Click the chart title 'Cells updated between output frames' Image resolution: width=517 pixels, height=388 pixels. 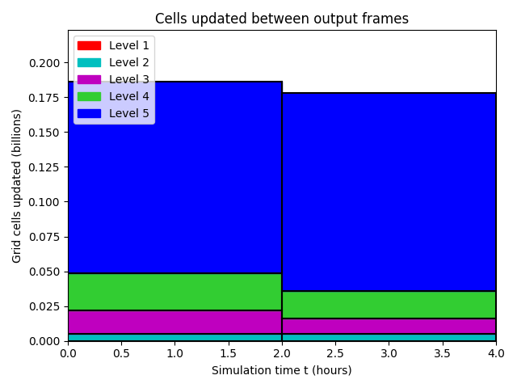pyautogui.click(x=282, y=19)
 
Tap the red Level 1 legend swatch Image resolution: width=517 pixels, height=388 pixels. pyautogui.click(x=89, y=45)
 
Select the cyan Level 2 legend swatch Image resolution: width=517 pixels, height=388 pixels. pyautogui.click(x=89, y=62)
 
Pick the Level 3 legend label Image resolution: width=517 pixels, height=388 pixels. pyautogui.click(x=129, y=79)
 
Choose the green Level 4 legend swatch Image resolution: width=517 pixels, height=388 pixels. pyautogui.click(x=89, y=96)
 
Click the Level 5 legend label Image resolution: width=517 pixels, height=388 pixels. pyautogui.click(x=129, y=113)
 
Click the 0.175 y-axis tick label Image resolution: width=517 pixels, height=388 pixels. pyautogui.click(x=44, y=98)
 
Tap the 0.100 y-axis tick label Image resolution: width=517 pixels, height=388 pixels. pyautogui.click(x=44, y=202)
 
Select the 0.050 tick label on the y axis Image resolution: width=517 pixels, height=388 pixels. pyautogui.click(x=44, y=272)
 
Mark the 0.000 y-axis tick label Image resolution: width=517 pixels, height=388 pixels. pyautogui.click(x=44, y=341)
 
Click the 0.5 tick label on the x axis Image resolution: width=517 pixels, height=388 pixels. pyautogui.click(x=121, y=353)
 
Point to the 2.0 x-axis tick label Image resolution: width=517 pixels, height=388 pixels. pyautogui.click(x=282, y=353)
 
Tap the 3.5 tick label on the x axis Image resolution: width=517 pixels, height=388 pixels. pyautogui.click(x=443, y=353)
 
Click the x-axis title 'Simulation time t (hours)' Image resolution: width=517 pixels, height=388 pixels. pyautogui.click(x=282, y=370)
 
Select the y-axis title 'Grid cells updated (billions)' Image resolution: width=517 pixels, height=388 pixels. pyautogui.click(x=16, y=186)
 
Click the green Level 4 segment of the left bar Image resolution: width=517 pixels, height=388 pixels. pyautogui.click(x=175, y=292)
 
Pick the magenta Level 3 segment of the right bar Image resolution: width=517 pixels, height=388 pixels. pyautogui.click(x=389, y=327)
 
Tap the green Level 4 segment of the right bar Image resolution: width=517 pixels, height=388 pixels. pyautogui.click(x=389, y=305)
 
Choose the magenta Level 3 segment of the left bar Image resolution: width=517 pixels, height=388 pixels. pyautogui.click(x=175, y=323)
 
